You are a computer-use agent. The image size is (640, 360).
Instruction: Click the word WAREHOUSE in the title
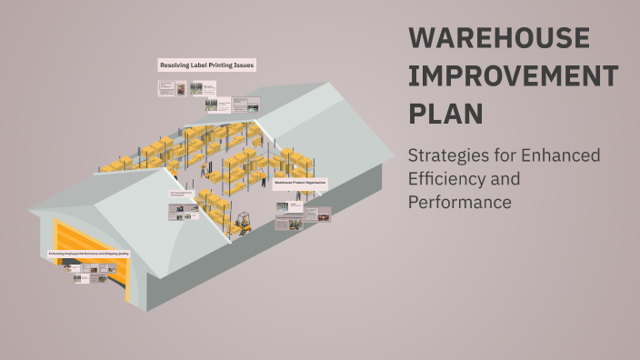[499, 38]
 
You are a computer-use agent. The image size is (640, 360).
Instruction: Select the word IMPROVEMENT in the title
[514, 76]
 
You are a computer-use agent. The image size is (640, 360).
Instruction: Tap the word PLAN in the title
[445, 115]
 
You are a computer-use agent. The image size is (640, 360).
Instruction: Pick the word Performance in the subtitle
[460, 202]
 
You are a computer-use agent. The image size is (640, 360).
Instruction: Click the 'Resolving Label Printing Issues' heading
[207, 65]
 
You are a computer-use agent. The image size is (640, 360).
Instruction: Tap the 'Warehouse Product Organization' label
[300, 183]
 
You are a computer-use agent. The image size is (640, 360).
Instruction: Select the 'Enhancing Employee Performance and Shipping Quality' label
[88, 254]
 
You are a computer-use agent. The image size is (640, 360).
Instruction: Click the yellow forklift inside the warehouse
[243, 222]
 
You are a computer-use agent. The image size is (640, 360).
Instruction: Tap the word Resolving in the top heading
[174, 65]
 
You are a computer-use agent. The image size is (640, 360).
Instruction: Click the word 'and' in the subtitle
[507, 179]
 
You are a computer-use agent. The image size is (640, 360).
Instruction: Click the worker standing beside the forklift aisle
[203, 168]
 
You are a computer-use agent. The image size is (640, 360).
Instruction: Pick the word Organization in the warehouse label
[315, 183]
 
